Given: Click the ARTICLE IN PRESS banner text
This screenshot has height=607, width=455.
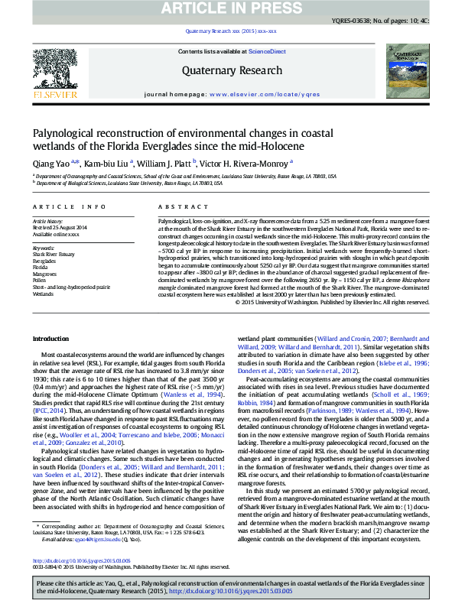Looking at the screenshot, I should pyautogui.click(x=227, y=8).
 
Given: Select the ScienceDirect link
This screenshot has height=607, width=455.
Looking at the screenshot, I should pyautogui.click(x=268, y=51).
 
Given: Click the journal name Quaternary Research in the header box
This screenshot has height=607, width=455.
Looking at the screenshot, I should pyautogui.click(x=227, y=71).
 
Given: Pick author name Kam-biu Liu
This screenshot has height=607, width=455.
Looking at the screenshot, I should pyautogui.click(x=106, y=163).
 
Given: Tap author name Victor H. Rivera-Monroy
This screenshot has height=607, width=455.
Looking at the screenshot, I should pyautogui.click(x=245, y=163).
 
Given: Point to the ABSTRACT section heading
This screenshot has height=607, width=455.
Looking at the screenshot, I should pyautogui.click(x=177, y=207).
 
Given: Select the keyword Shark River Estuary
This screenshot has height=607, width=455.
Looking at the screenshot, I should pyautogui.click(x=54, y=255).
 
